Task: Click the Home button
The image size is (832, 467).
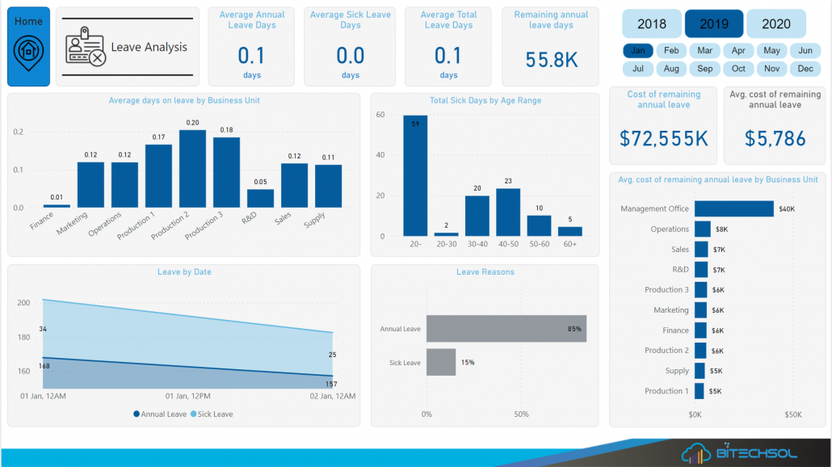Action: coord(28,46)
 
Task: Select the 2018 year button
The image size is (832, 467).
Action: coord(652,23)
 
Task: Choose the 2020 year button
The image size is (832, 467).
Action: coord(776,23)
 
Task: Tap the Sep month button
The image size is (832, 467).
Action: coord(705,69)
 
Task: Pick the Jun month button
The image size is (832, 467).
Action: coord(805,50)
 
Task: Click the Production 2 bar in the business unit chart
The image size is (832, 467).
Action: coord(192,168)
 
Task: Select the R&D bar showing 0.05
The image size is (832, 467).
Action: coord(260,198)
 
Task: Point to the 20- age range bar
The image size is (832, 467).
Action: coord(415,175)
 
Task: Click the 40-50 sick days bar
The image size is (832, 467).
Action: coord(508,212)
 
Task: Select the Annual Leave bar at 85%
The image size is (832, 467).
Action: coord(506,329)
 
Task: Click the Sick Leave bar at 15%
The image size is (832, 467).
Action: coord(441,362)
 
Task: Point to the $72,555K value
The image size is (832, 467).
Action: coord(664,138)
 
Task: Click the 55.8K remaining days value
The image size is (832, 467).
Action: coord(552,60)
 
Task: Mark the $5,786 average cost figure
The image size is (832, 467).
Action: coord(774,138)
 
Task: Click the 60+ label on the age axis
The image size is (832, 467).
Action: coord(570,243)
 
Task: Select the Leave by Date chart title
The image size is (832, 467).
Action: coord(184,272)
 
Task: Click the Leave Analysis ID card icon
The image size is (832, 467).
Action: coord(86,46)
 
